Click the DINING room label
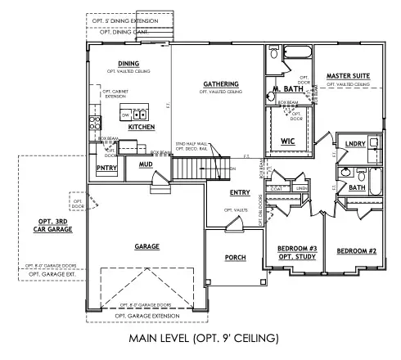[x=128, y=63]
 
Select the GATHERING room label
[x=221, y=83]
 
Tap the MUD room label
[x=146, y=164]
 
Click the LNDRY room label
[x=356, y=143]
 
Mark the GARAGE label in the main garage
[x=147, y=245]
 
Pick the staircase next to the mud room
[x=194, y=169]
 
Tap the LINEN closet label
[x=301, y=188]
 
